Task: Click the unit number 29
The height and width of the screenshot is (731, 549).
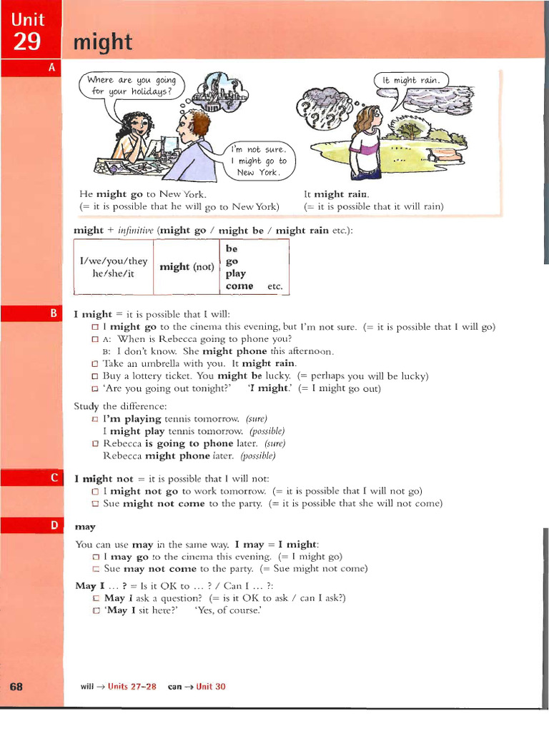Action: click(28, 42)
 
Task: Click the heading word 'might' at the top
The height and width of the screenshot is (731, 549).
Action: click(103, 43)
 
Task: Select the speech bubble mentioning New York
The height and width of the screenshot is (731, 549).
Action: click(260, 161)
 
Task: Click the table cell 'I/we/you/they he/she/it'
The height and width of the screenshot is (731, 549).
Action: click(114, 267)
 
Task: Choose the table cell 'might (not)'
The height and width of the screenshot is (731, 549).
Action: click(186, 267)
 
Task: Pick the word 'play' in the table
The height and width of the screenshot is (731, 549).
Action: click(235, 273)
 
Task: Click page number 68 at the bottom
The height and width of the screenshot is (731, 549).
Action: click(17, 686)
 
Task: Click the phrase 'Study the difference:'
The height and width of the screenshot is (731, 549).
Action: click(110, 406)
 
